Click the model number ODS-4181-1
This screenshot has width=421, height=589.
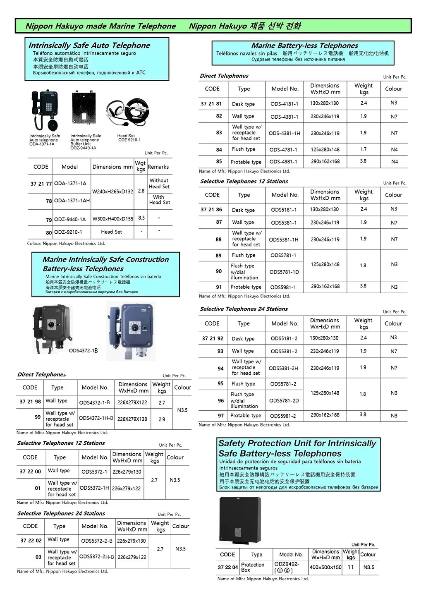pos(284,104)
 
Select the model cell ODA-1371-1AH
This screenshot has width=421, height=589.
pos(72,201)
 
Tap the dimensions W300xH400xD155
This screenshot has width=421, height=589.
pos(112,219)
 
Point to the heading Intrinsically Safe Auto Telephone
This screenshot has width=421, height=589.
pos(89,45)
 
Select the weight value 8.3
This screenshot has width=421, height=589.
pos(141,218)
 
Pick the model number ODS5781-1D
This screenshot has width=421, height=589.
pos(284,272)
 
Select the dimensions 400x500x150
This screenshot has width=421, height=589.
pos(325,567)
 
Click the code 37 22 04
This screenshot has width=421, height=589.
pos(228,567)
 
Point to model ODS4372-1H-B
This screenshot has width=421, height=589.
pos(96,418)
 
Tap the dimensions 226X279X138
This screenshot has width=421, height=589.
pos(132,419)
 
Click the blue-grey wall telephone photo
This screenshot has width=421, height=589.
pos(130,330)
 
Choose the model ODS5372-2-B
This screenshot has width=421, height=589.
pos(97,541)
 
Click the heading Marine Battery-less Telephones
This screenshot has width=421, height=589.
pos(304,45)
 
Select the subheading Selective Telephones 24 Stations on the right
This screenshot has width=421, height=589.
pos(244,309)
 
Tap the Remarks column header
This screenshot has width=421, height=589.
pos(158,167)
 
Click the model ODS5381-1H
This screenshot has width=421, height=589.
pos(284,239)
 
